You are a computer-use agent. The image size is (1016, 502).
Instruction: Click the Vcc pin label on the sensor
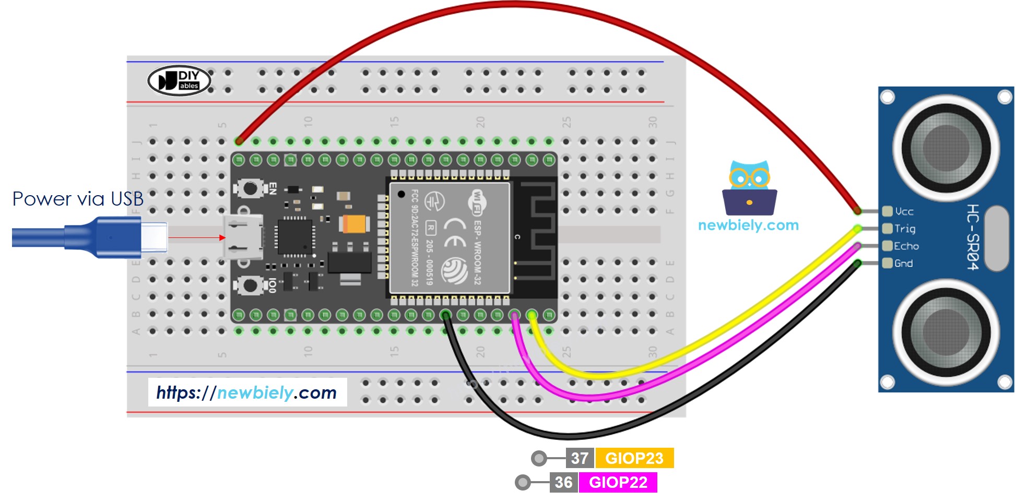904,211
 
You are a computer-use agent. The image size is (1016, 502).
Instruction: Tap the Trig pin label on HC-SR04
904,229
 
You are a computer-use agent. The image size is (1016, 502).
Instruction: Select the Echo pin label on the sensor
906,246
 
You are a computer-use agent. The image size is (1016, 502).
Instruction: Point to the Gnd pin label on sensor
903,264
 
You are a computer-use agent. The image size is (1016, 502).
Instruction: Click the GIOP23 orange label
634,458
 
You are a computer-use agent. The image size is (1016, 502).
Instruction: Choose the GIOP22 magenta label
618,482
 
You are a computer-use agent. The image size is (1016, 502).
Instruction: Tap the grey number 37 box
580,458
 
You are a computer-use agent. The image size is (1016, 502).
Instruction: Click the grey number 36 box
563,482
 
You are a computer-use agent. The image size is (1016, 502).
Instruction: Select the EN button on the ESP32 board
250,188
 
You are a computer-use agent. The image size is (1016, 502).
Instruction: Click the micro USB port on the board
243,237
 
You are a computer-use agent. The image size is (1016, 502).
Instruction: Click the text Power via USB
78,199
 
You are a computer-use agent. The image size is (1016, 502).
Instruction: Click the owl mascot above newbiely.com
750,188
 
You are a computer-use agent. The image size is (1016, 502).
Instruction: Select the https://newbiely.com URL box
247,392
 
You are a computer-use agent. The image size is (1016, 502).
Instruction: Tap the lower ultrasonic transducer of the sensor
946,332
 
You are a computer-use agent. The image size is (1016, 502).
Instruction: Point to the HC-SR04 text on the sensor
972,237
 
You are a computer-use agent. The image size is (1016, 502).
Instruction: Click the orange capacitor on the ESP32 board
355,224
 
